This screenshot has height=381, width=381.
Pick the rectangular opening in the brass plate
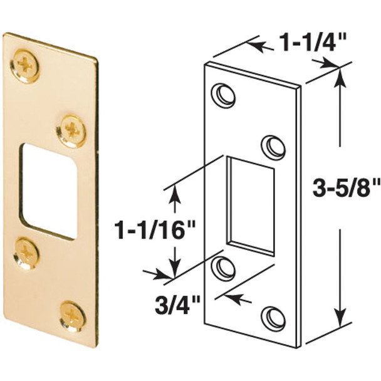click(x=46, y=190)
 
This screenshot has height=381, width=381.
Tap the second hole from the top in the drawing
click(x=271, y=145)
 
